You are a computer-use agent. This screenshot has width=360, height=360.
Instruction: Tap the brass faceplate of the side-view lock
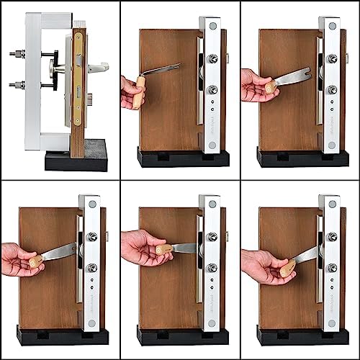77,79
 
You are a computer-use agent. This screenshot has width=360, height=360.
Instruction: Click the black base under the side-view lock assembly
76,159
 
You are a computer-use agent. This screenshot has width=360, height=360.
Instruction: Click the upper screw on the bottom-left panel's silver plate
92,237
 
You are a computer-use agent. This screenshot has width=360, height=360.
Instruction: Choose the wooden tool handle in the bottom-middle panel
163,250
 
